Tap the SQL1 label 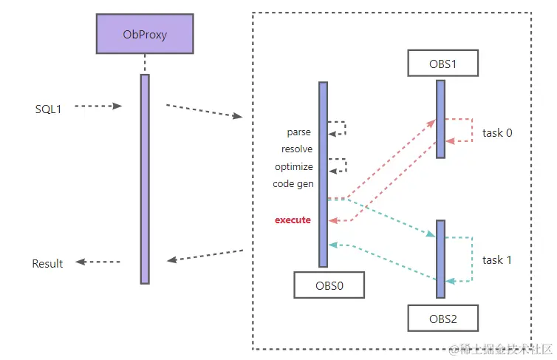48,109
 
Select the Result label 47,264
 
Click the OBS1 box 442,63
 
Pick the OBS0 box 329,284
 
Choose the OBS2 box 442,319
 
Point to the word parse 299,132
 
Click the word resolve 297,149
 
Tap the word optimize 293,167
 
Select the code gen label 293,184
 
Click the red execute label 293,220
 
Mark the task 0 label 497,133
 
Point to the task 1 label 497,260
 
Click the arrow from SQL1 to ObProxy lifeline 98,106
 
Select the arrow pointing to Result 98,262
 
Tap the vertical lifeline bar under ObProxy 145,178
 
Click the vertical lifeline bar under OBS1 440,118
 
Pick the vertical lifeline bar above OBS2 440,257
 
